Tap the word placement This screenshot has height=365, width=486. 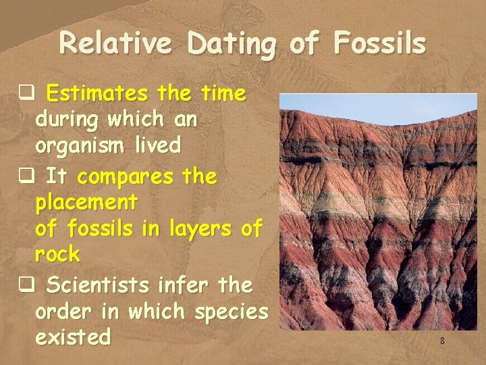[x=86, y=202]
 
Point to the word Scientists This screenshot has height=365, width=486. [x=101, y=285]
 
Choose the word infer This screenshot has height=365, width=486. [x=186, y=285]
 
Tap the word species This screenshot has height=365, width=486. [x=231, y=312]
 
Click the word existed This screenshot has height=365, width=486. [x=72, y=337]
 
